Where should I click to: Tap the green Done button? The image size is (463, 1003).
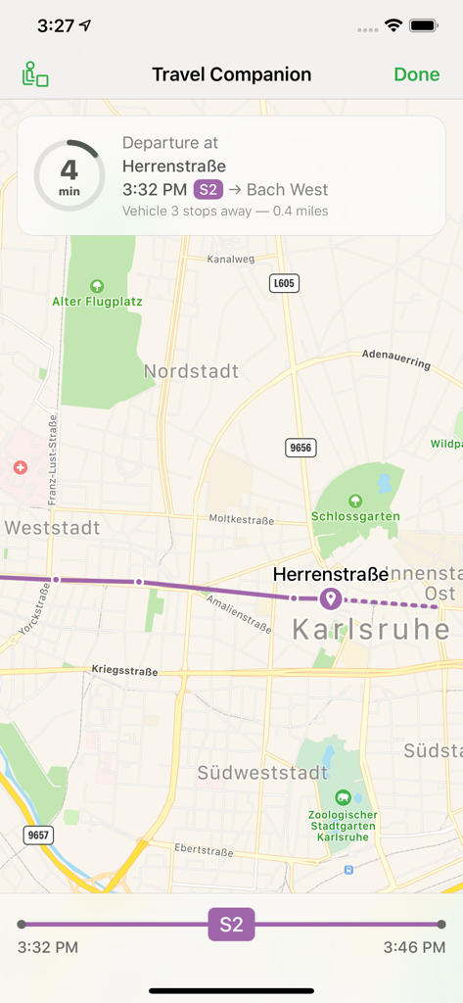[x=417, y=75]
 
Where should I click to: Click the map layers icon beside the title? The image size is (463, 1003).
[x=35, y=75]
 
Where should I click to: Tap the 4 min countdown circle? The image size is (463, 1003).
[x=69, y=177]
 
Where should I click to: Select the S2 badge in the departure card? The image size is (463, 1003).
[x=208, y=190]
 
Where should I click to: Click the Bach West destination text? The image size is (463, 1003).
[x=287, y=190]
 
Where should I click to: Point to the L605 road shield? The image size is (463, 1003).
[x=283, y=283]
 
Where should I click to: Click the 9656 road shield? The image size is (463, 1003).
[x=301, y=448]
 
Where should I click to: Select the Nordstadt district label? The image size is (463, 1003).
[x=191, y=371]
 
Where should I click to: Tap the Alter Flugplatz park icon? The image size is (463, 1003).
[x=96, y=286]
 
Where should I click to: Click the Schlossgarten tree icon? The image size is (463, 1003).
[x=355, y=501]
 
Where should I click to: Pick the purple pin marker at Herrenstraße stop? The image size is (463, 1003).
[x=331, y=597]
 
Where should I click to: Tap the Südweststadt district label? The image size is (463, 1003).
[x=262, y=773]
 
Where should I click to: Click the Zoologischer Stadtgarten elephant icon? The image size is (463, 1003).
[x=343, y=798]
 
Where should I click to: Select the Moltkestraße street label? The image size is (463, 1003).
[x=241, y=519]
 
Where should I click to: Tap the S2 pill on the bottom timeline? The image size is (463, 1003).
[x=231, y=924]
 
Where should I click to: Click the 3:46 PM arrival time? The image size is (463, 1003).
[x=414, y=947]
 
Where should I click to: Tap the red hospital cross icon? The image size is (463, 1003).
[x=20, y=468]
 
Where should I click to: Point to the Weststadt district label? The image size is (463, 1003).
[x=52, y=528]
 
